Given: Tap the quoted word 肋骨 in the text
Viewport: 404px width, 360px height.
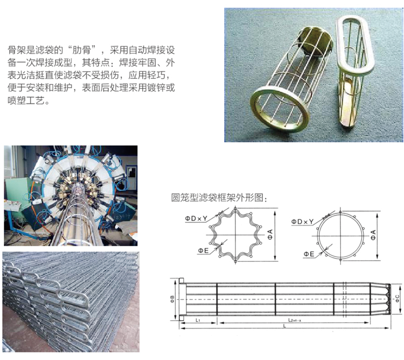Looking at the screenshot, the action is (x=81, y=50).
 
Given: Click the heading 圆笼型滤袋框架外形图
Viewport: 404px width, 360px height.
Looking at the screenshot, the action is (x=217, y=198).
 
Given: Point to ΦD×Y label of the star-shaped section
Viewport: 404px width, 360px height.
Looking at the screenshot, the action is (x=196, y=218).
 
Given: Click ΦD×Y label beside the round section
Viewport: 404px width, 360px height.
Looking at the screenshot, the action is (x=302, y=221).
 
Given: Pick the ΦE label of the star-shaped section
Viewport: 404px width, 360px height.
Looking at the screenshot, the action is (x=203, y=251).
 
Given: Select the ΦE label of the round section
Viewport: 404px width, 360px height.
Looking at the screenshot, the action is (x=309, y=254).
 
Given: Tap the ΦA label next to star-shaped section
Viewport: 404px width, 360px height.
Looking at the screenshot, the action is (x=270, y=234).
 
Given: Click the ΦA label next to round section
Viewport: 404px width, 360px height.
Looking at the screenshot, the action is (x=373, y=235).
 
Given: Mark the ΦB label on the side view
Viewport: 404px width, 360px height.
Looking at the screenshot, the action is (x=172, y=299).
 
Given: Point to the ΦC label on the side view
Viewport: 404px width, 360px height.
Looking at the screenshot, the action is (x=398, y=298).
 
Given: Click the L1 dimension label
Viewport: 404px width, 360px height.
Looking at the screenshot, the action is (x=198, y=320).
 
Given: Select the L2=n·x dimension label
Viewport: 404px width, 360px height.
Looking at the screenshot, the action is (x=295, y=320).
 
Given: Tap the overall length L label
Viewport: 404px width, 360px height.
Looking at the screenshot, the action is (x=284, y=326).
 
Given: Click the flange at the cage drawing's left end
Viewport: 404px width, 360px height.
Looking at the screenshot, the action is (x=182, y=299).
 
